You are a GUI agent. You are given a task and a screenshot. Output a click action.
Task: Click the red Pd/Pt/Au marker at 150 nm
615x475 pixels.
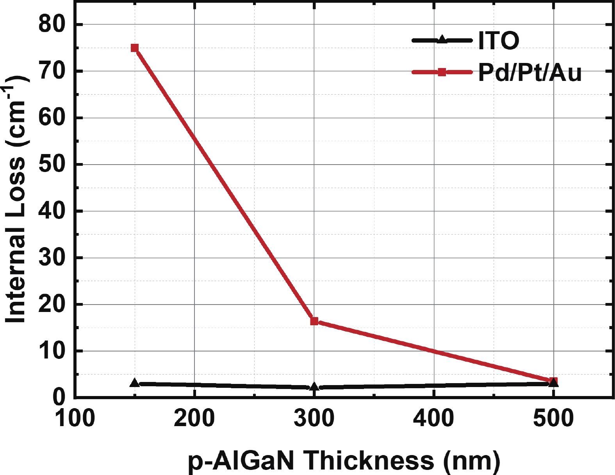pyautogui.click(x=135, y=48)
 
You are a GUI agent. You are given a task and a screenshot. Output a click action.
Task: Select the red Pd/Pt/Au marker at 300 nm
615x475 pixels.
pyautogui.click(x=314, y=321)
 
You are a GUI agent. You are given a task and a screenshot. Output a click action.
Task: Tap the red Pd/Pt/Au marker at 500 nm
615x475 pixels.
pyautogui.click(x=553, y=381)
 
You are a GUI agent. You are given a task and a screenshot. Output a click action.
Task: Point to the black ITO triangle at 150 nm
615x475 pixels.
pyautogui.click(x=135, y=383)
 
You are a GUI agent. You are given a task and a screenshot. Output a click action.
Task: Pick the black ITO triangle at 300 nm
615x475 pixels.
pyautogui.click(x=314, y=387)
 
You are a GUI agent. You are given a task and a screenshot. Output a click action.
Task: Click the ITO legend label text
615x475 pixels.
pyautogui.click(x=499, y=40)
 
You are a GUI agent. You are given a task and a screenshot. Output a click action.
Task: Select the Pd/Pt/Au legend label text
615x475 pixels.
pyautogui.click(x=530, y=72)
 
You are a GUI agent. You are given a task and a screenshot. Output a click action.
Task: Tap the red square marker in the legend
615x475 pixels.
pyautogui.click(x=442, y=72)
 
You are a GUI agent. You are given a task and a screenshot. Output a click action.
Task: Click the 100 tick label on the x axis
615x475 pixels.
pyautogui.click(x=75, y=418)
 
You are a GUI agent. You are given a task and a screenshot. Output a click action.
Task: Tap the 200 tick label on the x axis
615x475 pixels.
pyautogui.click(x=194, y=418)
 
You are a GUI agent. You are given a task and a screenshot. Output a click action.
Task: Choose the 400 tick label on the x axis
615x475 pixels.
pyautogui.click(x=434, y=418)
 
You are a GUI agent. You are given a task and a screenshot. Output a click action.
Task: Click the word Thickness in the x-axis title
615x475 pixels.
pyautogui.click(x=369, y=460)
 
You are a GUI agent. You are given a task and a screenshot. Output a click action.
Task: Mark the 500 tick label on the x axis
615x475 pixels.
pyautogui.click(x=553, y=418)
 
